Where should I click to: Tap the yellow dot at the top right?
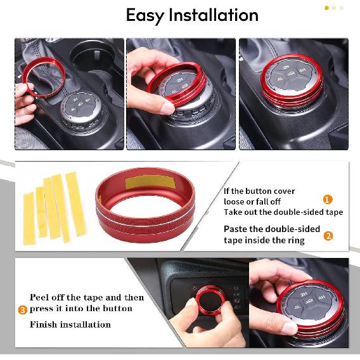(x=327, y=8)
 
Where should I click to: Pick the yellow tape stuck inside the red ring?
(x=148, y=183)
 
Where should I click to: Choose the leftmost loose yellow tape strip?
(x=29, y=209)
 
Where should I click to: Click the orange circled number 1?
(x=328, y=200)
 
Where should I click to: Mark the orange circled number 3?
(x=22, y=310)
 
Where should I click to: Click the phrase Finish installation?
(x=70, y=325)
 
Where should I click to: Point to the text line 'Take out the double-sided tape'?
(x=283, y=212)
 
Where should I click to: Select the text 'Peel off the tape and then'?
(x=87, y=297)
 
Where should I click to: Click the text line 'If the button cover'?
(x=259, y=191)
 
